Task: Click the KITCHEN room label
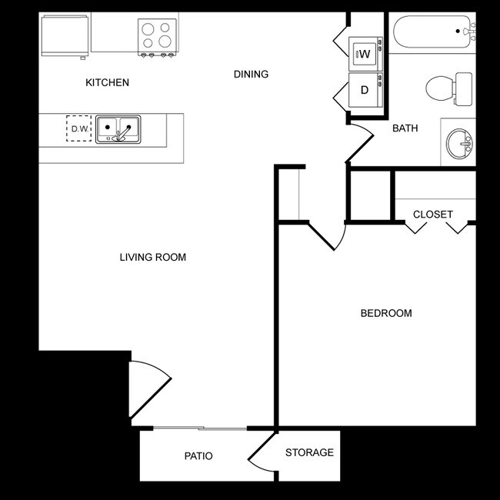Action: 107,82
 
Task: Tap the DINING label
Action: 251,75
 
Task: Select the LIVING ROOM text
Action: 152,257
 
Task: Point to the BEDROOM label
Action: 386,313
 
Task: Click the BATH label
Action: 405,128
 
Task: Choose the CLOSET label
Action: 432,214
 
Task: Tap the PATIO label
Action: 198,456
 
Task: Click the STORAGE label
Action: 309,452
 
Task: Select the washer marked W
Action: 364,54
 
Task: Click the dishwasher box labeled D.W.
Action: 79,128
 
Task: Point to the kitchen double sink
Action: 118,128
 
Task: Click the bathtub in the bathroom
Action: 433,32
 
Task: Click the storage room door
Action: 263,454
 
